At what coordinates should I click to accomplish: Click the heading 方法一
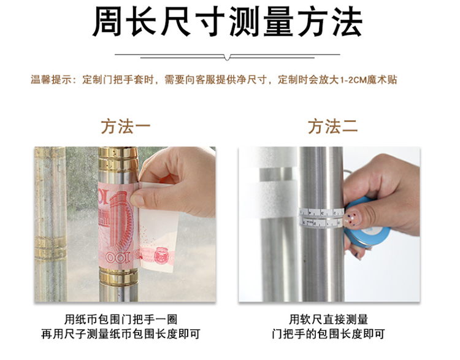pyautogui.click(x=126, y=126)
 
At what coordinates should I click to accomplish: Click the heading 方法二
pyautogui.click(x=332, y=126)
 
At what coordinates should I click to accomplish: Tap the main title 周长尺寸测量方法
pyautogui.click(x=228, y=21)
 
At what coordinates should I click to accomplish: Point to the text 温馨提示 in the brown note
pyautogui.click(x=47, y=80)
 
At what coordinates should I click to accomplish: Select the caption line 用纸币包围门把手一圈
pyautogui.click(x=121, y=320)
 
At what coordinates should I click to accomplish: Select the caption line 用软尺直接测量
pyautogui.click(x=329, y=320)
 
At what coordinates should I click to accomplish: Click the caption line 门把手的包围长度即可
pyautogui.click(x=329, y=334)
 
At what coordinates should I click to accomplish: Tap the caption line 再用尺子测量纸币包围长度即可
pyautogui.click(x=121, y=334)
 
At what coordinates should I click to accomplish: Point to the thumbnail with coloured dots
pyautogui.click(x=355, y=217)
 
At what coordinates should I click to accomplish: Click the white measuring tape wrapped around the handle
pyautogui.click(x=321, y=218)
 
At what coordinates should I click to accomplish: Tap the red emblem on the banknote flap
pyautogui.click(x=161, y=255)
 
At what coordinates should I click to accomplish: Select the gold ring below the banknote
pyautogui.click(x=118, y=277)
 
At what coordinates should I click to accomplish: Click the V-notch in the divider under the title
pyautogui.click(x=227, y=57)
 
